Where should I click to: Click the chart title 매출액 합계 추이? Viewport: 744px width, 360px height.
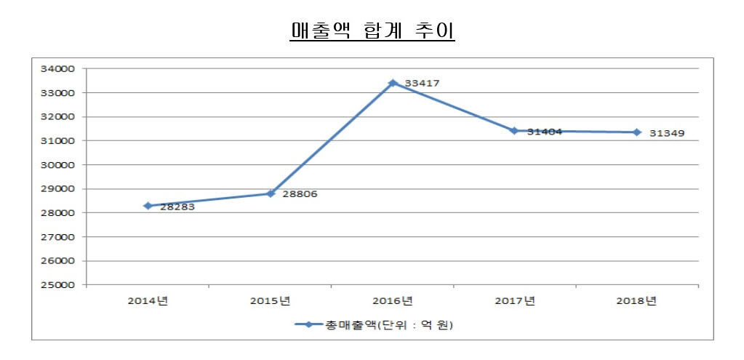tap(372, 32)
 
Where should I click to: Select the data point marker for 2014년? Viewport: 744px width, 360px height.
tap(148, 206)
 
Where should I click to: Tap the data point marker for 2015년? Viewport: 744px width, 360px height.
tap(271, 193)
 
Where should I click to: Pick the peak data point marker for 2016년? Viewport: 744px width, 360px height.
tap(393, 83)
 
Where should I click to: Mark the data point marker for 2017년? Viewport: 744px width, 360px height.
tap(514, 131)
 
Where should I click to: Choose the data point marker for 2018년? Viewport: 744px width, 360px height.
tap(637, 132)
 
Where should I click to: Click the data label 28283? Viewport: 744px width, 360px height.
tap(177, 207)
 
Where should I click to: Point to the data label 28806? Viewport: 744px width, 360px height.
tap(300, 194)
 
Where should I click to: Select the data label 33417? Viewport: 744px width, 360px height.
tap(422, 84)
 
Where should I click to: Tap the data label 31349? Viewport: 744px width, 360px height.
tap(667, 134)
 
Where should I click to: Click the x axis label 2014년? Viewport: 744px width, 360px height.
tap(148, 300)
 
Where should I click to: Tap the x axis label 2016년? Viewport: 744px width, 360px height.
tap(393, 300)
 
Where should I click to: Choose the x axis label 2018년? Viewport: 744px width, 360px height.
tap(637, 300)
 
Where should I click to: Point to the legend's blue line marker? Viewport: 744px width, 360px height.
tap(308, 325)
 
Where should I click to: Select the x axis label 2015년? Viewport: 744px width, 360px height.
tap(271, 300)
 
